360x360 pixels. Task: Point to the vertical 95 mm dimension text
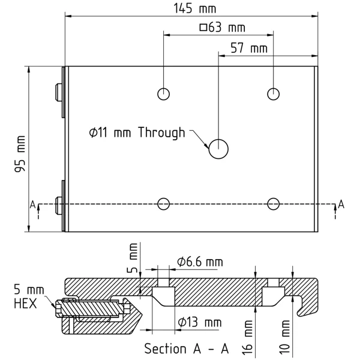click(x=20, y=154)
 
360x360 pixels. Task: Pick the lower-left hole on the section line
click(x=163, y=204)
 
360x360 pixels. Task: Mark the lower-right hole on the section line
click(x=274, y=204)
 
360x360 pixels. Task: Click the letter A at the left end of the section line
click(x=32, y=205)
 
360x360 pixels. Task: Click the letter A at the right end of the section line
click(x=341, y=205)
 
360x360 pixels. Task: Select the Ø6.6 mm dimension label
click(x=200, y=262)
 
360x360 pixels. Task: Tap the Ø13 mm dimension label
click(x=199, y=323)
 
